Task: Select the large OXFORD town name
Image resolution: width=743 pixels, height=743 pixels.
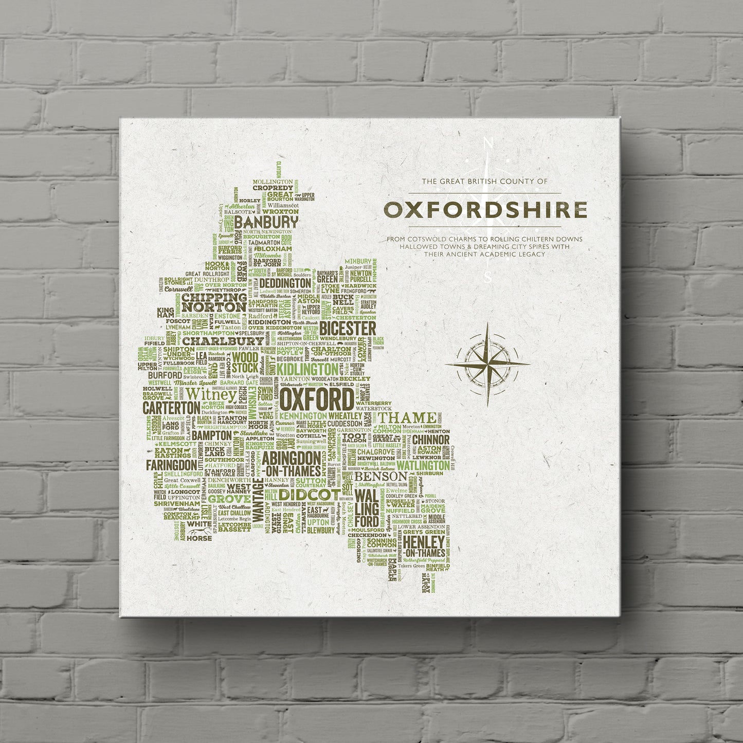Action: (x=317, y=400)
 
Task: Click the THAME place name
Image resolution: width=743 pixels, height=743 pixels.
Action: (x=409, y=417)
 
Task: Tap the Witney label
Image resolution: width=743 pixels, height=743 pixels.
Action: (x=211, y=394)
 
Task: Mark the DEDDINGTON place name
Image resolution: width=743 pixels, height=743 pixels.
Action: (x=285, y=283)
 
